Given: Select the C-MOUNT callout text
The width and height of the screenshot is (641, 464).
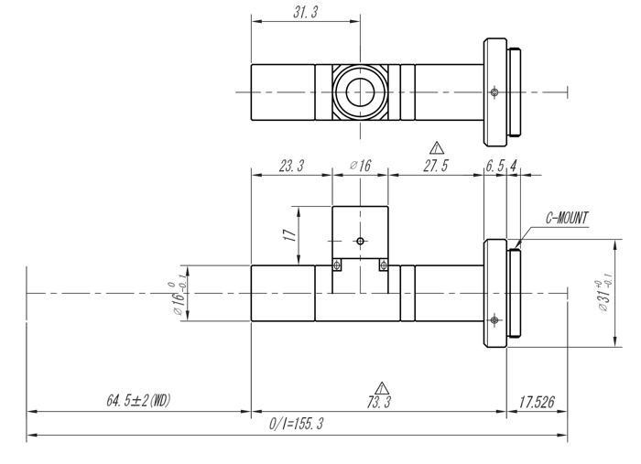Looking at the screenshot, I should pyautogui.click(x=567, y=219).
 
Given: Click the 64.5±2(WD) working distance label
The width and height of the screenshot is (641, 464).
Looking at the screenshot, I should pyautogui.click(x=138, y=401).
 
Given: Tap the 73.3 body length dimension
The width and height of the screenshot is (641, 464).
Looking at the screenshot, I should pyautogui.click(x=377, y=402).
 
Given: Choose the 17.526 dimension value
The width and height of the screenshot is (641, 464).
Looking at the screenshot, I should pyautogui.click(x=537, y=401).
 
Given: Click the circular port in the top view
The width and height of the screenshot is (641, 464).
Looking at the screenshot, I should pyautogui.click(x=360, y=92).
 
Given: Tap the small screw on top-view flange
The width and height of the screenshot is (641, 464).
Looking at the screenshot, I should pyautogui.click(x=494, y=92).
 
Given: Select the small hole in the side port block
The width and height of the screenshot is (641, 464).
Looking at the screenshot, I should pyautogui.click(x=360, y=242).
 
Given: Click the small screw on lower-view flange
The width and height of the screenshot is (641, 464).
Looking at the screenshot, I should pyautogui.click(x=494, y=319).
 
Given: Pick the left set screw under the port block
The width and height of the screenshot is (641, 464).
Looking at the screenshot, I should pyautogui.click(x=337, y=266).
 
